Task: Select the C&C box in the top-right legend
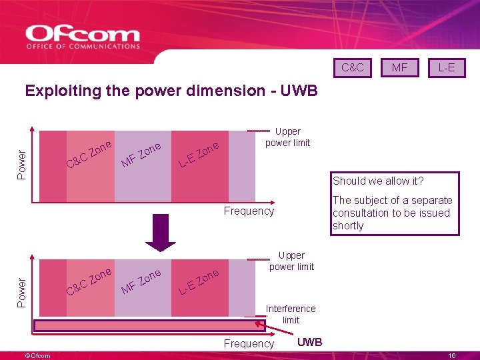(352, 67)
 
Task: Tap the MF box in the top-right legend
(399, 67)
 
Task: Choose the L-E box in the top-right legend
(446, 67)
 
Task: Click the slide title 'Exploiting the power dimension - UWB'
(171, 91)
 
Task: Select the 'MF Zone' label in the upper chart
(141, 155)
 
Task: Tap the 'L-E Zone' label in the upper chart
(199, 155)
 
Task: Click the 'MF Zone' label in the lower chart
(141, 282)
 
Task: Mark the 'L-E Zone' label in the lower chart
(199, 282)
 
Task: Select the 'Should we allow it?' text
(378, 181)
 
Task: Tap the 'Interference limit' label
(291, 314)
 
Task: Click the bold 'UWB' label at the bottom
(309, 342)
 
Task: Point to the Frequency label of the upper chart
(249, 211)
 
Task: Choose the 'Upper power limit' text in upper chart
(287, 137)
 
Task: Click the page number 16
(451, 356)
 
